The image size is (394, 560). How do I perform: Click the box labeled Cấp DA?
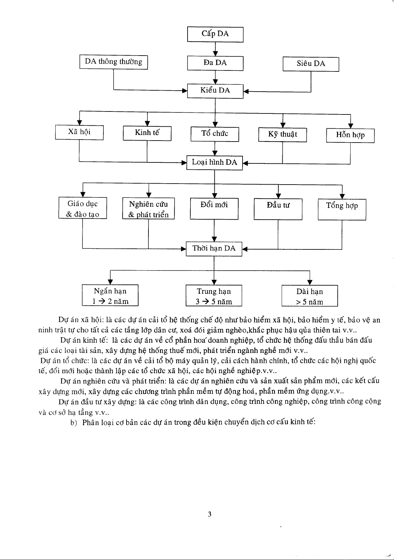[x=215, y=34]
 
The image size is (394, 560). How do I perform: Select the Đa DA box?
[x=215, y=63]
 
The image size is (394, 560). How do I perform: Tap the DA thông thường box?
[x=113, y=62]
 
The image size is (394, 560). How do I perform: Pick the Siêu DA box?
[x=310, y=64]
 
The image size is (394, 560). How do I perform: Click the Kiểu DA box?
[x=215, y=91]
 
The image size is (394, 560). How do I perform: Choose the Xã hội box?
[x=79, y=132]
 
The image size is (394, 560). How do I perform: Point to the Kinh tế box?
[x=147, y=133]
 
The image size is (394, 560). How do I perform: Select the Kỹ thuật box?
[x=282, y=135]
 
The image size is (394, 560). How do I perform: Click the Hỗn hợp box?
[x=350, y=135]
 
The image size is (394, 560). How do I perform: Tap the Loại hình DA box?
[x=214, y=162]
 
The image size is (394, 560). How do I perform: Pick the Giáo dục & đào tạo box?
[x=83, y=208]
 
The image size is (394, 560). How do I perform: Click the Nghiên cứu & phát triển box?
[x=148, y=209]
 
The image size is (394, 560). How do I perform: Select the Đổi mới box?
[x=214, y=209]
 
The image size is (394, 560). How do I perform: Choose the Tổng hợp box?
[x=342, y=209]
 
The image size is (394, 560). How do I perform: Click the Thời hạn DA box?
[x=214, y=249]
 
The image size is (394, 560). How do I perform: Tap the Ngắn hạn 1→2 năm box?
[x=110, y=295]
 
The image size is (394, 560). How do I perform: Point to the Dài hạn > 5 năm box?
[x=310, y=296]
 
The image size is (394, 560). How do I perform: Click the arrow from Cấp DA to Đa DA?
[x=215, y=49]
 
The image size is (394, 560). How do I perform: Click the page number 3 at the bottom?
[x=209, y=514]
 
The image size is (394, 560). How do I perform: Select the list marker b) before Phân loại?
[x=74, y=423]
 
